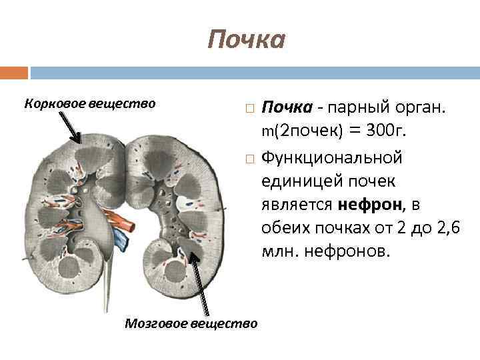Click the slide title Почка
246,39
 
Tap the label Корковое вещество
89,103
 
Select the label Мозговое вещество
191,323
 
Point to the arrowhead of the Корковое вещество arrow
81,142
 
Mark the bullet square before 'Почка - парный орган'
249,107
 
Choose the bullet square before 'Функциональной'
249,159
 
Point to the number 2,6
446,228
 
